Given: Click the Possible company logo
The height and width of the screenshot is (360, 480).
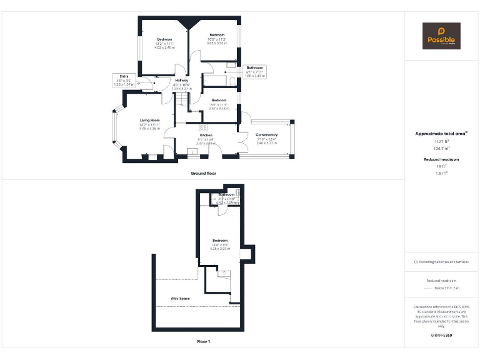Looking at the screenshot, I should click(441, 36).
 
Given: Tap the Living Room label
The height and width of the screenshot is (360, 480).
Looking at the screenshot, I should click(149, 120).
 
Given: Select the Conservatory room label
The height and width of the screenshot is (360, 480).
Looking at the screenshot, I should click(267, 134).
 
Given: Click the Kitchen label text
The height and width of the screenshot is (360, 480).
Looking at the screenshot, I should click(206, 135).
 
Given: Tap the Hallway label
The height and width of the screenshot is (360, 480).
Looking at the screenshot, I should click(181, 81).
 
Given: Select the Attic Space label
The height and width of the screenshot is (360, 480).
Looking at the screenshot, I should click(180, 299).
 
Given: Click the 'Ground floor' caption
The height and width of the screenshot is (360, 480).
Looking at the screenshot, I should click(203, 173).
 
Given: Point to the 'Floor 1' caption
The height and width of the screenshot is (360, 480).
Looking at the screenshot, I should click(203, 342).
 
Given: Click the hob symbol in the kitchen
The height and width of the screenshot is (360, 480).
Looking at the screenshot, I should click(203, 128).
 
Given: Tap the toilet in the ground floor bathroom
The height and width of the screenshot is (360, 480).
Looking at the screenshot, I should click(232, 80).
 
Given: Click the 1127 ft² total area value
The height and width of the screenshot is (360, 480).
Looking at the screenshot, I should click(441, 141).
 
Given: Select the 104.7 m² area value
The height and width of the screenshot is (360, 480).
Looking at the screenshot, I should click(441, 149).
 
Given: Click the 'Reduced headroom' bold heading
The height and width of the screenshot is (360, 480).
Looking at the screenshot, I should click(441, 159).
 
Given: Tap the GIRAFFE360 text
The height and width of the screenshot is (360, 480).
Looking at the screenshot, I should click(441, 336).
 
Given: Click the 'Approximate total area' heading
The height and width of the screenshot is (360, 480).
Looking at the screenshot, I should click(441, 134).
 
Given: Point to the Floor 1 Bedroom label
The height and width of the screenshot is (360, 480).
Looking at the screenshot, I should click(220, 241).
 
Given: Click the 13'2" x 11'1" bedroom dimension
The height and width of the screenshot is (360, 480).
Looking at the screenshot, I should click(165, 43).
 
